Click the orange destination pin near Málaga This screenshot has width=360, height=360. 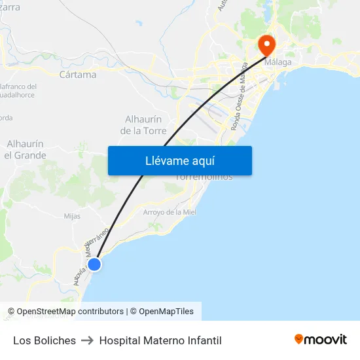267,44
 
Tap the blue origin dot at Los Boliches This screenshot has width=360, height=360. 94,264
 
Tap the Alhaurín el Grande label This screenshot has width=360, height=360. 25,149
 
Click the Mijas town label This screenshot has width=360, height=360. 72,216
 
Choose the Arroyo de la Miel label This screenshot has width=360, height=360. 170,212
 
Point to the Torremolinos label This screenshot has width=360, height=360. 204,177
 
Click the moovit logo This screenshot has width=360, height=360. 321,340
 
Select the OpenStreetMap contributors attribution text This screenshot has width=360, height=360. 65,312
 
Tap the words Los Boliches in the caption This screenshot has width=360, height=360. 45,340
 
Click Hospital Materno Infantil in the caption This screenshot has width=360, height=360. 160,340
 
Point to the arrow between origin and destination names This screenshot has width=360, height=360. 88,340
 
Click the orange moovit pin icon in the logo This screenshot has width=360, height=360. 299,339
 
